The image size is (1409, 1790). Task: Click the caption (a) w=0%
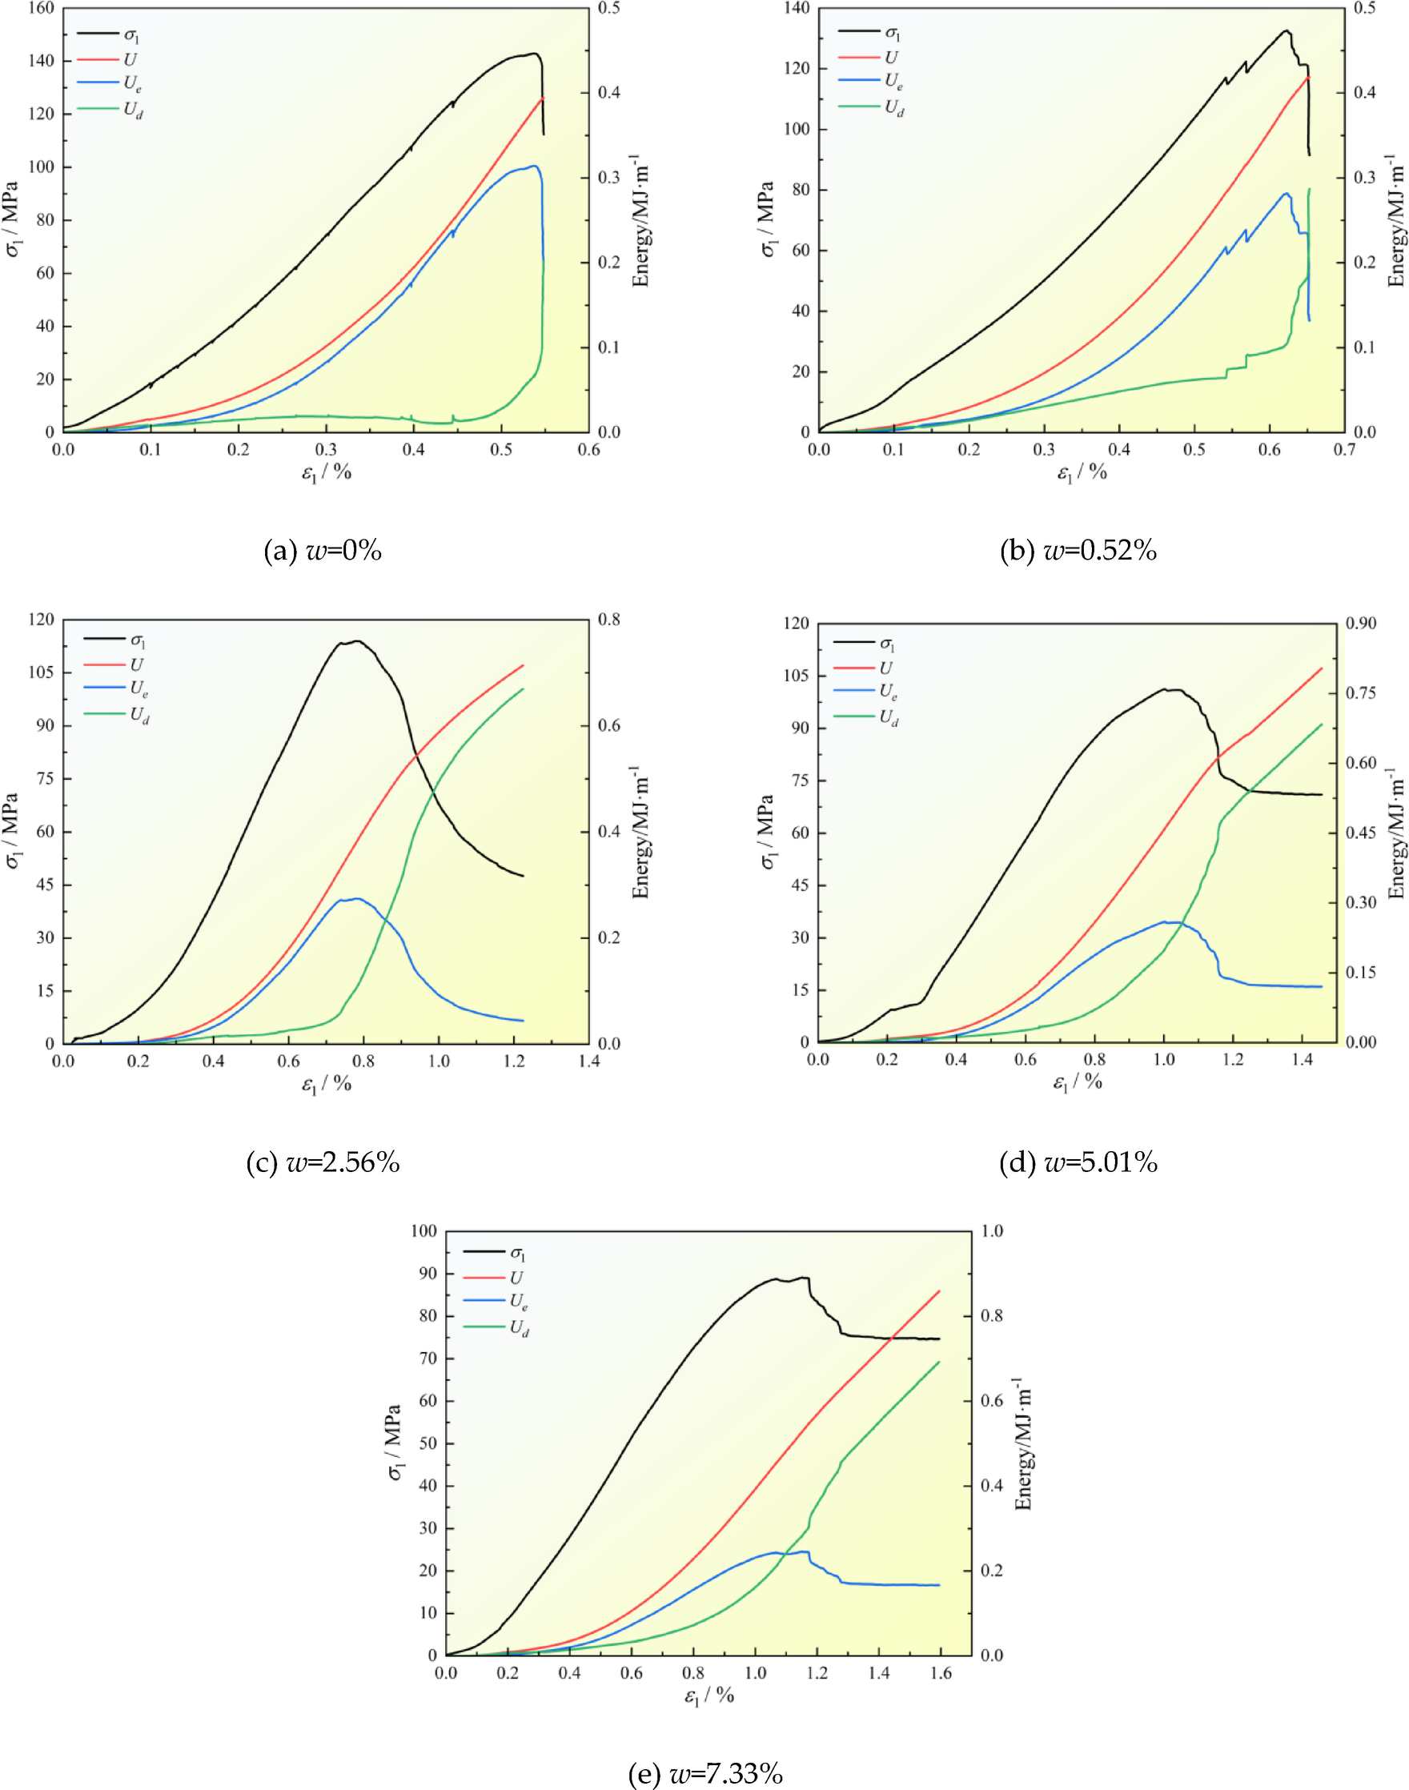(x=323, y=550)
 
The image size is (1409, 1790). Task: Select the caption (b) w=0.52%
(x=1078, y=550)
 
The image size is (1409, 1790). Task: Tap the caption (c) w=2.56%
(x=323, y=1162)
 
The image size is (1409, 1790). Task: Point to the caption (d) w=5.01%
(x=1078, y=1162)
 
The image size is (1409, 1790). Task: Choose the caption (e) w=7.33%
(x=705, y=1772)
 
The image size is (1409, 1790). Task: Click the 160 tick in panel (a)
(x=40, y=8)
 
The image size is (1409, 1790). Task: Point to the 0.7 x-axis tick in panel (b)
(x=1345, y=451)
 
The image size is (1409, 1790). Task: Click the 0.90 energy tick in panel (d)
(x=1361, y=623)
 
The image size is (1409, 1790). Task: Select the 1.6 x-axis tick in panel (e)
(x=941, y=1673)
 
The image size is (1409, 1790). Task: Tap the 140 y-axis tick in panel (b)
(x=797, y=8)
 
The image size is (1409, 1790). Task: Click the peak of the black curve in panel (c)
(x=357, y=641)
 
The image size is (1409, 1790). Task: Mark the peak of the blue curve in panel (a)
(x=535, y=166)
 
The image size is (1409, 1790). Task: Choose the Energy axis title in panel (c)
(x=641, y=833)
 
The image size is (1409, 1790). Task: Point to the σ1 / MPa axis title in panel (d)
(x=767, y=833)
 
